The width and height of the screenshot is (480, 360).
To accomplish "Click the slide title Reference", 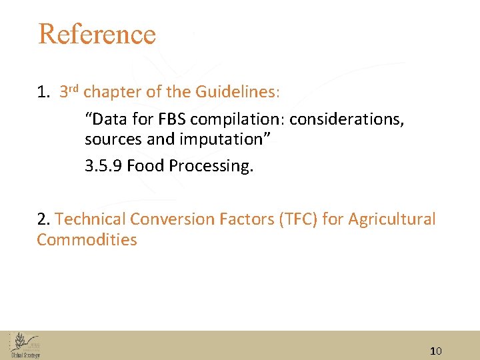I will tap(97, 34).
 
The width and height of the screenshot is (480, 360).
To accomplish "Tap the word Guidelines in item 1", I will tap(236, 91).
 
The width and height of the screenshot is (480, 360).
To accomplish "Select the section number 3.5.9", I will tap(103, 165).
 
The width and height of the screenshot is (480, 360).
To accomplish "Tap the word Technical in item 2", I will tap(91, 219).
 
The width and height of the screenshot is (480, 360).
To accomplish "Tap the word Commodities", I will tap(87, 240).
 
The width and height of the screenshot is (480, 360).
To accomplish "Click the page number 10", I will tap(436, 351).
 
